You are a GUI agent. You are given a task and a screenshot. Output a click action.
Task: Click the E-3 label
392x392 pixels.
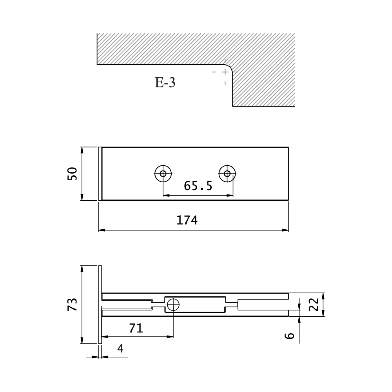[165, 82]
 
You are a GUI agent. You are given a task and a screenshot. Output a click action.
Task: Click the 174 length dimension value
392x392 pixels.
[187, 220]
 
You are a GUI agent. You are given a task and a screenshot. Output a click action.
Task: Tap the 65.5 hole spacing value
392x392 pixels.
[198, 186]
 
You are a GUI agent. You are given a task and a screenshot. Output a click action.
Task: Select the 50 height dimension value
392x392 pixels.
[72, 174]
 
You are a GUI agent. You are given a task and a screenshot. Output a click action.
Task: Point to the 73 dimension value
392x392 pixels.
[72, 304]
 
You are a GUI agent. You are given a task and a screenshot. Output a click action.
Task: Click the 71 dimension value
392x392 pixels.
[136, 328]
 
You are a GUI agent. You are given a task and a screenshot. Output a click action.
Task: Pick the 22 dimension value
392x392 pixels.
[314, 304]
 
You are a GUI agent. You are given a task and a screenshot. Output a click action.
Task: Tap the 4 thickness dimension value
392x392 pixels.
[120, 348]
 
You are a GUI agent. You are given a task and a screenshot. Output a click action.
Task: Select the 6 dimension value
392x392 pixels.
[290, 336]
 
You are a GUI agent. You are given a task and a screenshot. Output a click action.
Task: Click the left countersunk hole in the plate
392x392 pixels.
[163, 174]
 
